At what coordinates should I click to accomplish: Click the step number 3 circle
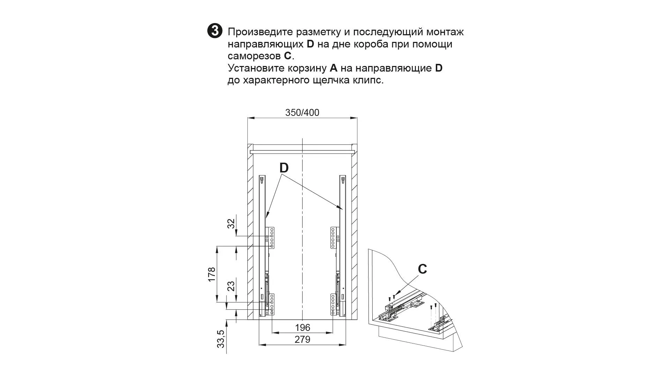pos(215,31)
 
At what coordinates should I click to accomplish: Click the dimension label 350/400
pos(302,112)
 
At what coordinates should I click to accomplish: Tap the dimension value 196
pos(302,327)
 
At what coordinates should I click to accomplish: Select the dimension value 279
pos(302,339)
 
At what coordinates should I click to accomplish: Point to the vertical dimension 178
pos(211,275)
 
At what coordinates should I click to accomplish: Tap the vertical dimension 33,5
pos(221,339)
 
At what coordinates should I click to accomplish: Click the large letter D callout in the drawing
pos(284,168)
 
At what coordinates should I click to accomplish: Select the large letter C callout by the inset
pos(422,269)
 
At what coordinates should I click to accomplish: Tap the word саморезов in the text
pos(254,56)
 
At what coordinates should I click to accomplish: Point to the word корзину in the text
pos(308,68)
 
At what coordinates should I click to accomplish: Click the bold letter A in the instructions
pos(333,68)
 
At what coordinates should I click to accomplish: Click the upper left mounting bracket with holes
pos(271,238)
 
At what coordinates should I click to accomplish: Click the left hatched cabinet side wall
pos(250,232)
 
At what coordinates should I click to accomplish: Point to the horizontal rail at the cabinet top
pos(302,152)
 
